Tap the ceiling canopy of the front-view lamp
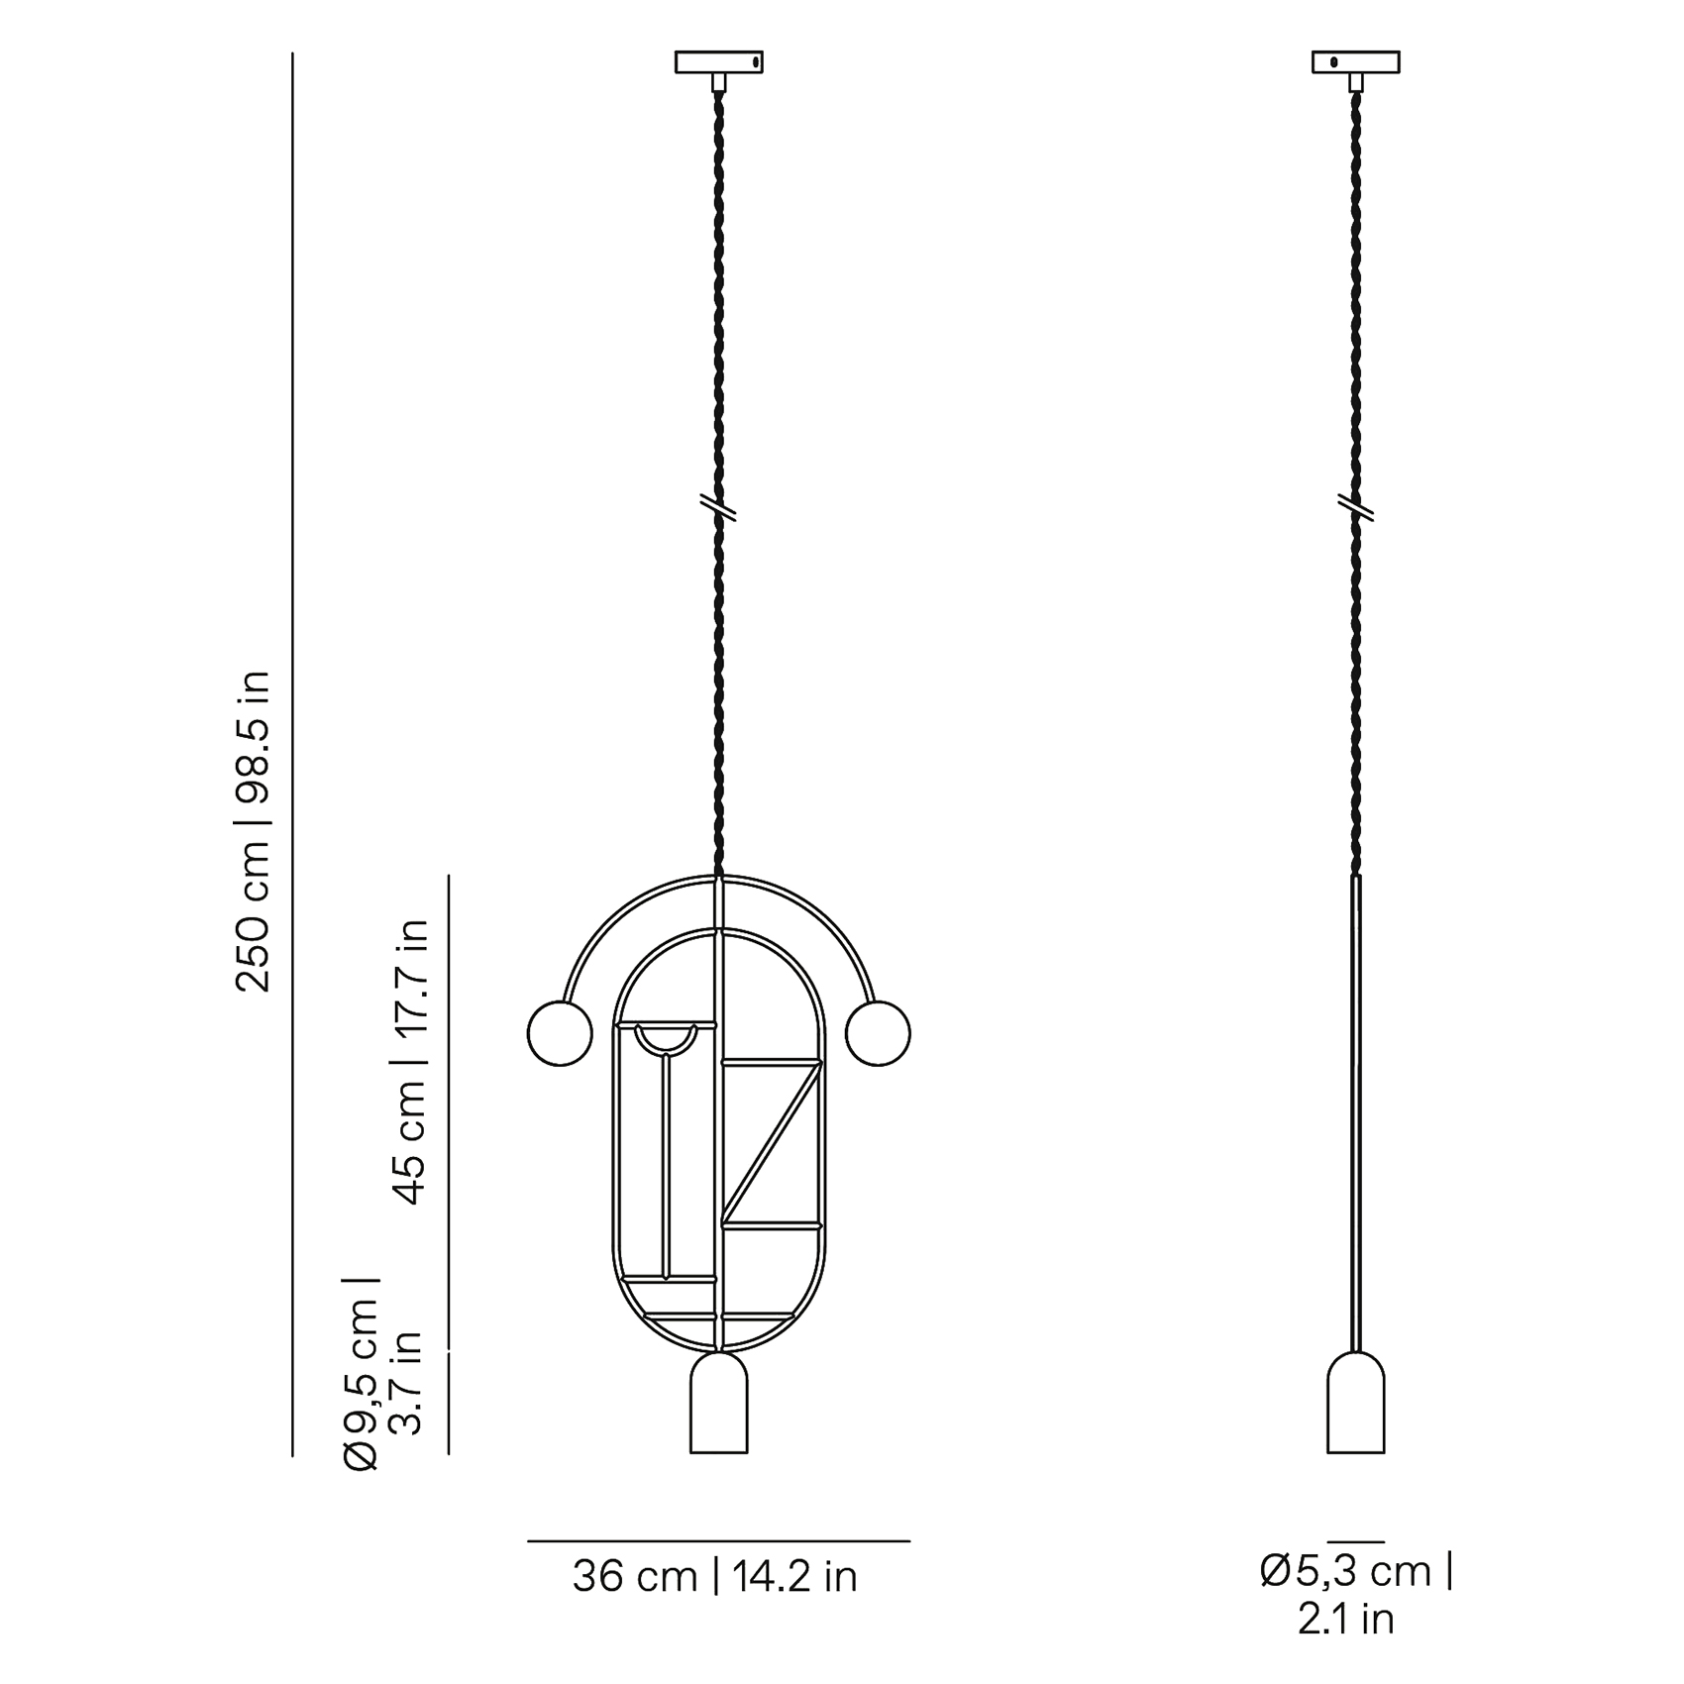(719, 62)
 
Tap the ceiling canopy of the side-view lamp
(1356, 62)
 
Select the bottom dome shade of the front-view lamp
(719, 1403)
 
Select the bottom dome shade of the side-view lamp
(1356, 1403)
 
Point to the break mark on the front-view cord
(719, 507)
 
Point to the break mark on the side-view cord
(1356, 507)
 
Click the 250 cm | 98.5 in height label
(252, 831)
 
